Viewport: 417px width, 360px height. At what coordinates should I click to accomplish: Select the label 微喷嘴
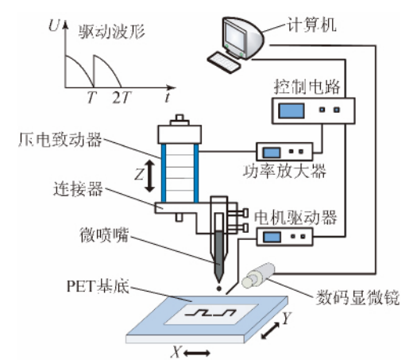pyautogui.click(x=64, y=237)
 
